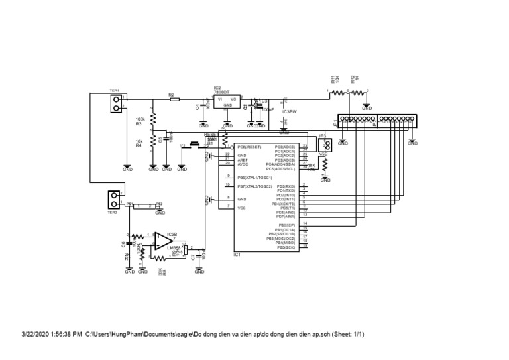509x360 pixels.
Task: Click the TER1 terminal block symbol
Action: point(117,102)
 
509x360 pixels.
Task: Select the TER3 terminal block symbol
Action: point(115,198)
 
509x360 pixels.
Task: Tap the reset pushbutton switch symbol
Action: point(195,144)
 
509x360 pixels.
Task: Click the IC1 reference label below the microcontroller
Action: point(237,253)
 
